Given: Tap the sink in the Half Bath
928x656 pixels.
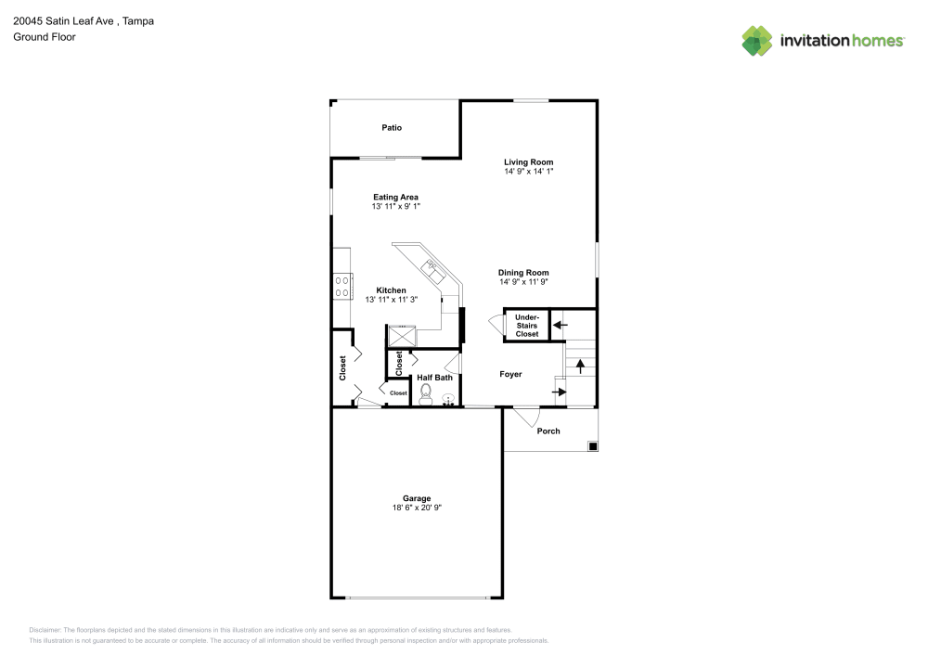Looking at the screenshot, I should (448, 400).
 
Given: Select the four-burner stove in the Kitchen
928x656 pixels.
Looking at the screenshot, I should (342, 287).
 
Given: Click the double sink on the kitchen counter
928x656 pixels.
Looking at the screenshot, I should (433, 269).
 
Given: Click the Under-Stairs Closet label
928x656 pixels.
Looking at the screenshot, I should (526, 326).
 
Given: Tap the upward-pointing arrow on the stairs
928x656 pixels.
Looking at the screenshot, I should (581, 366).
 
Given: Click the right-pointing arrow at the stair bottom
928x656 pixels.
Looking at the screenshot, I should (560, 392).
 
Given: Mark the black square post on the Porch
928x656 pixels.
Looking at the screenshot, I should (592, 446).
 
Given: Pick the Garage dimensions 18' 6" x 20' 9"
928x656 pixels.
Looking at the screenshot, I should (417, 508).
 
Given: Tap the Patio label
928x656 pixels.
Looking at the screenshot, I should (392, 128).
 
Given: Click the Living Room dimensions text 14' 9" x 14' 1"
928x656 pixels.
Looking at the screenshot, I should (529, 172).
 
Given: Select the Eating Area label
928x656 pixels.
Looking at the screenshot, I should (395, 197).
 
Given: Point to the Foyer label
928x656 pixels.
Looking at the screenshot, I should (510, 375).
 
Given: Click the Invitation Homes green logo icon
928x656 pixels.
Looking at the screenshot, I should (756, 40).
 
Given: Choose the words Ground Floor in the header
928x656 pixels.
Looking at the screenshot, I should (45, 37).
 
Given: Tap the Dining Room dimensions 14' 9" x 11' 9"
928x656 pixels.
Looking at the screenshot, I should (523, 281).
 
